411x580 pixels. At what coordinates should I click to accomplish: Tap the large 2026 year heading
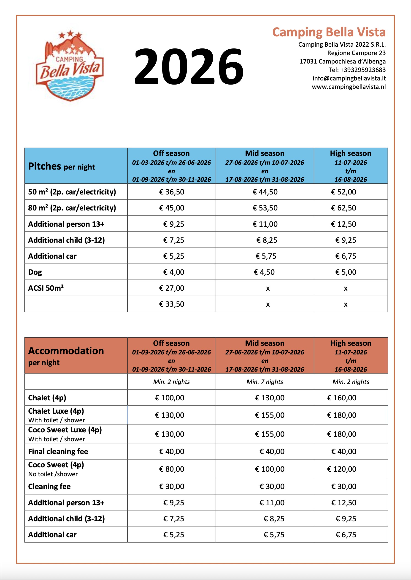pyautogui.click(x=189, y=67)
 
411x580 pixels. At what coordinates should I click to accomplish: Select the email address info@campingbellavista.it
pyautogui.click(x=349, y=78)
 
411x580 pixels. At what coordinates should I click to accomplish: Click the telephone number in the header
pyautogui.click(x=357, y=70)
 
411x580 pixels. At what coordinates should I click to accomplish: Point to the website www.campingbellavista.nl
pyautogui.click(x=349, y=87)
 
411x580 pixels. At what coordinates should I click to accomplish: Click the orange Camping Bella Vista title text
pyautogui.click(x=329, y=32)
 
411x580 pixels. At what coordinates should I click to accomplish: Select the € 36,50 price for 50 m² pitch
pyautogui.click(x=172, y=192)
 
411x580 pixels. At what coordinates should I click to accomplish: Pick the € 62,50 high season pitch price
pyautogui.click(x=343, y=208)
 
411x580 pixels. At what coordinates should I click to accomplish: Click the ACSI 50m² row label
pyautogui.click(x=46, y=288)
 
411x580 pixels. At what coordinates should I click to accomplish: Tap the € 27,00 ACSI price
pyautogui.click(x=172, y=288)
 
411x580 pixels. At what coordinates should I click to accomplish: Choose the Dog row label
pyautogui.click(x=35, y=272)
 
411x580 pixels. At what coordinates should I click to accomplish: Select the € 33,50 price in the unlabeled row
pyautogui.click(x=172, y=304)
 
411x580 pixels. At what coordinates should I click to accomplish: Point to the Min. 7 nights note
pyautogui.click(x=265, y=382)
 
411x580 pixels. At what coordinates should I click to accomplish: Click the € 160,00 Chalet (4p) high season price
pyautogui.click(x=342, y=398)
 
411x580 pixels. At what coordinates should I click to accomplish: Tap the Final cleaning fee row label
pyautogui.click(x=58, y=451)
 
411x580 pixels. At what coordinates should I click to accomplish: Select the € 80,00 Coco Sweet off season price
pyautogui.click(x=172, y=469)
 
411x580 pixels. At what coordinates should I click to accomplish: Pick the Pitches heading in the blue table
pyautogui.click(x=45, y=166)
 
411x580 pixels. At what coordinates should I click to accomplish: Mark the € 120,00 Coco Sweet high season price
pyautogui.click(x=342, y=469)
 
